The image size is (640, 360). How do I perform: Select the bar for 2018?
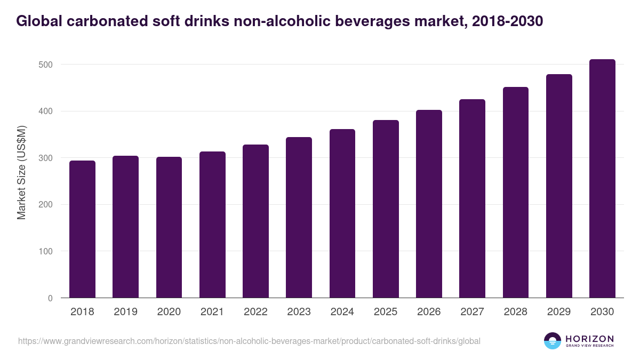coord(82,229)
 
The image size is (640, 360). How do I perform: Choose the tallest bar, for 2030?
coord(602,179)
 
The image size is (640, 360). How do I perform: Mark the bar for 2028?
coord(516,193)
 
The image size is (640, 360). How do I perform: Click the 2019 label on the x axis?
coord(125,312)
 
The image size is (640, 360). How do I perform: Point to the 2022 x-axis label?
coord(255,312)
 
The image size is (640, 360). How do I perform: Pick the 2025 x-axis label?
coord(386,312)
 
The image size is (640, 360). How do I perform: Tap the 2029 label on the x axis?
coord(559,312)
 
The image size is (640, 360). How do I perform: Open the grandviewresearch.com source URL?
coord(249,341)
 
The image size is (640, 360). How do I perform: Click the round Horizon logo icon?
coord(552,341)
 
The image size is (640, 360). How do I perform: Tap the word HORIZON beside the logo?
coord(589,338)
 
